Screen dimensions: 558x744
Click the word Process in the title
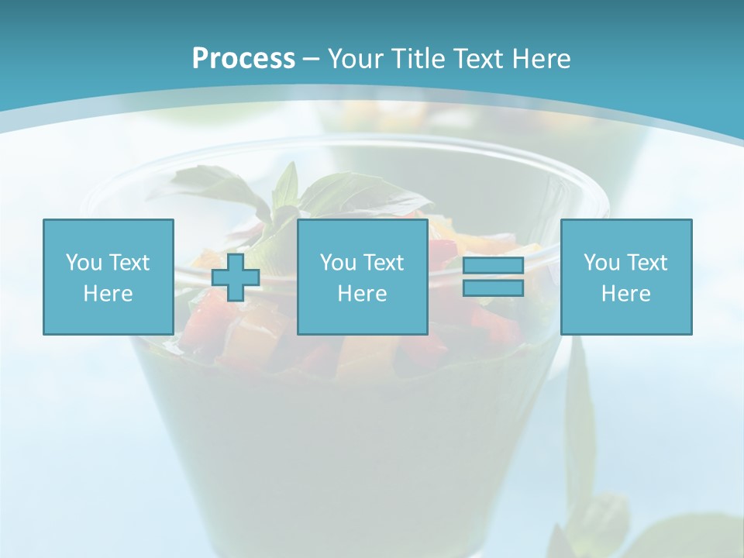[x=243, y=59]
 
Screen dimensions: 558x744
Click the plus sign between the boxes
[x=236, y=277]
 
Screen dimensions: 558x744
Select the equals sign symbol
[x=493, y=277]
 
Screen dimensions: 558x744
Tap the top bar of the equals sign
[x=493, y=266]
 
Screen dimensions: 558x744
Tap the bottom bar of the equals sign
[x=493, y=288]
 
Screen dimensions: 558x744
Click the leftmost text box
[x=108, y=277]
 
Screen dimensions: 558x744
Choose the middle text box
[x=362, y=277]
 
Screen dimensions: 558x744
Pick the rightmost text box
[x=625, y=277]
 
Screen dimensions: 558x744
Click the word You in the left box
[x=83, y=263]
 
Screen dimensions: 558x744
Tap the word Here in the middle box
[x=362, y=294]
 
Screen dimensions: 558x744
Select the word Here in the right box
[x=625, y=294]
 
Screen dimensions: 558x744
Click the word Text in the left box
[x=128, y=263]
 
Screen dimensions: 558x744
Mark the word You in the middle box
[x=337, y=263]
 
